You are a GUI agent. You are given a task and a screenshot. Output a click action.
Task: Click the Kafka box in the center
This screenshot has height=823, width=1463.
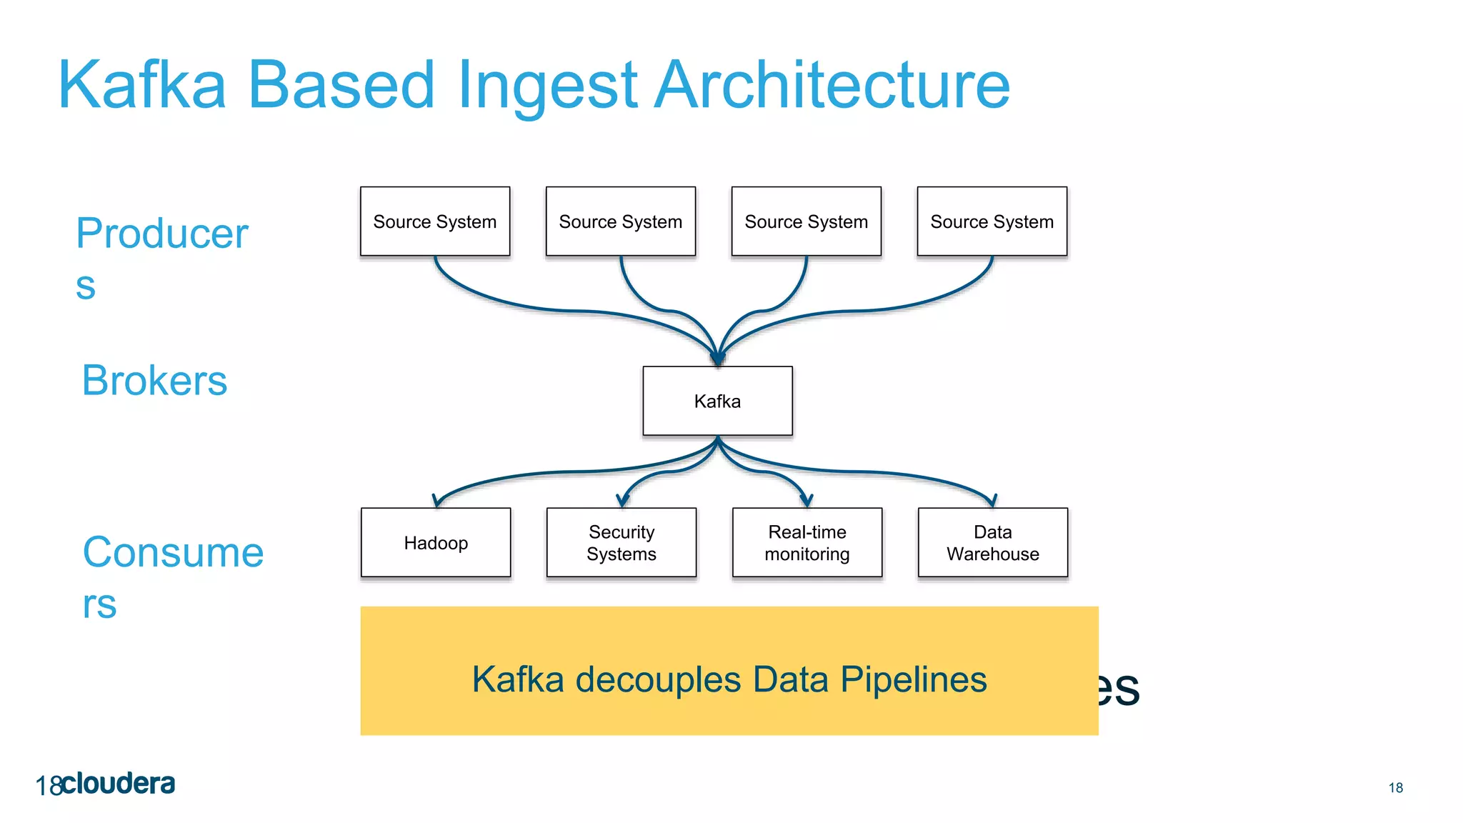[717, 401]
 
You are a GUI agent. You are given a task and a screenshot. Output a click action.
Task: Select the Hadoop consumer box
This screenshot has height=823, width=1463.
[436, 542]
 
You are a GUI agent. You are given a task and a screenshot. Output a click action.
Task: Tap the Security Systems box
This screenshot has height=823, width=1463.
[621, 542]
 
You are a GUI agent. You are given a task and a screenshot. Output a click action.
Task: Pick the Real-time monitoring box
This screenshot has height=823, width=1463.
[807, 542]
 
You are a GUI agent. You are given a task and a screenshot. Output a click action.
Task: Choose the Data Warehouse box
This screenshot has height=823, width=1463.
[992, 542]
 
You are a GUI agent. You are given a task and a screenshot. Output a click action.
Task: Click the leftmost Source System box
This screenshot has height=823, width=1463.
[434, 221]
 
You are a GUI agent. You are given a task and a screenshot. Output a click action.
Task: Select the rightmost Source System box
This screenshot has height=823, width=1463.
[992, 221]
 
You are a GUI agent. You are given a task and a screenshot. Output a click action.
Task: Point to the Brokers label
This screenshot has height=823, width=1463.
[154, 380]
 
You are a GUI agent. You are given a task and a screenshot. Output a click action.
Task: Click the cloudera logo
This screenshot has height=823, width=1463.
[118, 784]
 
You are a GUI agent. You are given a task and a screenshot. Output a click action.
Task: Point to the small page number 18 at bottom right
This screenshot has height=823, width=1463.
[1395, 787]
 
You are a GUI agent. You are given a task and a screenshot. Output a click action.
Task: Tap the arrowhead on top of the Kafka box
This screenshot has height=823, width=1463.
[717, 359]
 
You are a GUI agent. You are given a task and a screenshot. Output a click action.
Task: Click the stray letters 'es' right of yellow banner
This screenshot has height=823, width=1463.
[1119, 688]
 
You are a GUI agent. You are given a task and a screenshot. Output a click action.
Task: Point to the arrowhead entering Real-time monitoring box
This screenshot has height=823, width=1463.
[807, 501]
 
